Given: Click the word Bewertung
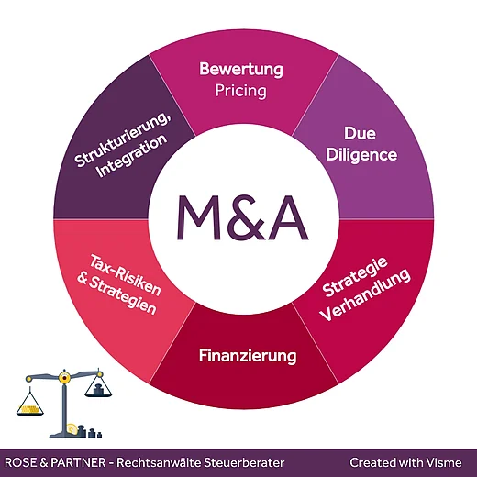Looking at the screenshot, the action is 241,70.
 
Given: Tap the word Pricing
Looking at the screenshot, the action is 241,91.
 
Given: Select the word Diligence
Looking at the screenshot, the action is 361,154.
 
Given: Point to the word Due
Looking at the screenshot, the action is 360,133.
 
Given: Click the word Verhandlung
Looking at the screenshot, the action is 366,295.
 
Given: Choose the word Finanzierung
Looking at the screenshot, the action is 248,356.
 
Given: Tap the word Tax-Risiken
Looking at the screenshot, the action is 126,275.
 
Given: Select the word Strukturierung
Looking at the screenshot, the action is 123,140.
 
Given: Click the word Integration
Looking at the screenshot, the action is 132,156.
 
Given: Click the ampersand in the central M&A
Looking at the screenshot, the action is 242,217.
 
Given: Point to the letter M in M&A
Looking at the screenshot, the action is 199,217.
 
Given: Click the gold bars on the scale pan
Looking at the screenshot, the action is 29,409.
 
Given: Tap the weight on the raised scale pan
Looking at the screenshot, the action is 98,390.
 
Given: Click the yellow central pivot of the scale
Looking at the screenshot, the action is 64,379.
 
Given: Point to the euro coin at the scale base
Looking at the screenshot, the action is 72,429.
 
